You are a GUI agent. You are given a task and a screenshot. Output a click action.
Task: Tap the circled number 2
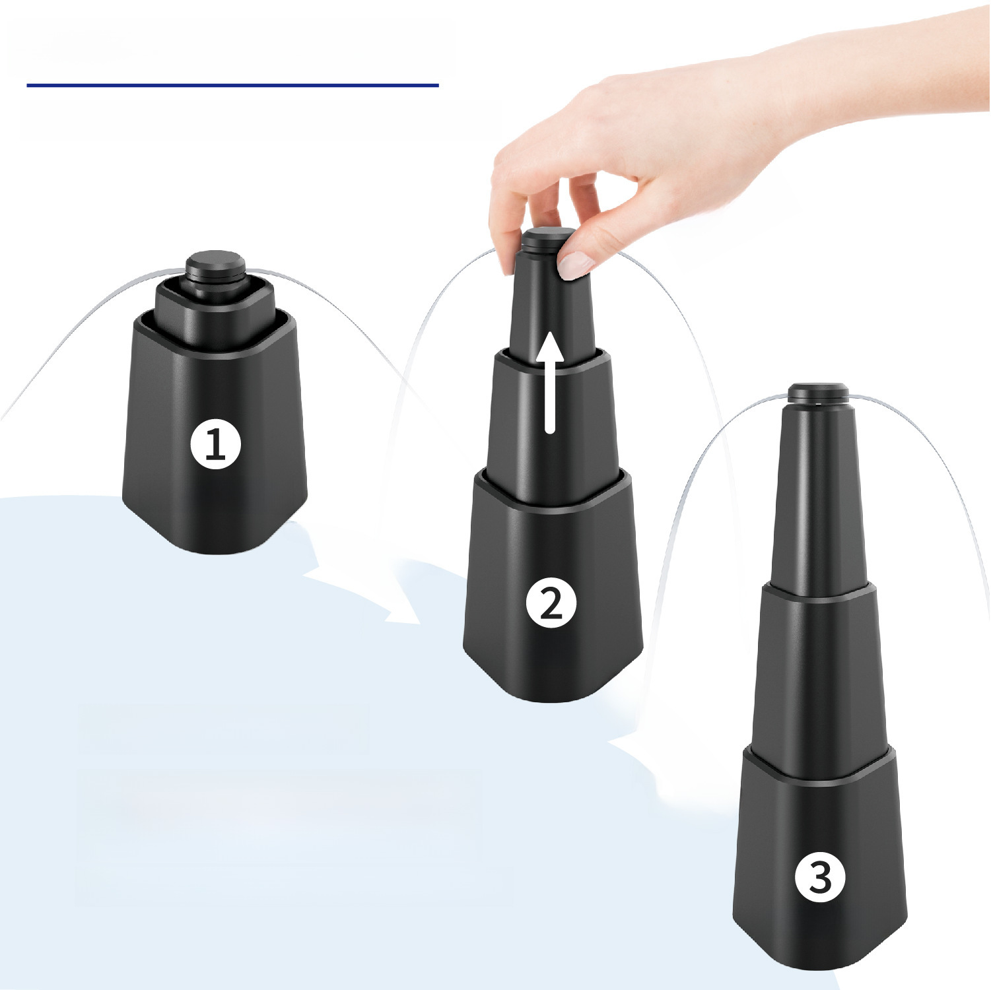(551, 603)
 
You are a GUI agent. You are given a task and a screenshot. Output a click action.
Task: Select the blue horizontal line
(232, 85)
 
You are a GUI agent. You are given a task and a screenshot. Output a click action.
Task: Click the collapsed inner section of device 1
(215, 310)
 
